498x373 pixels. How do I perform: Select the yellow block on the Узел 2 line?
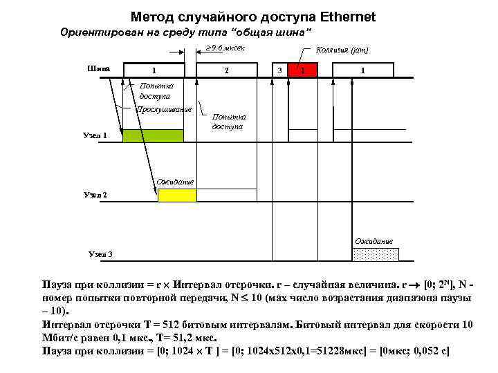[177, 195]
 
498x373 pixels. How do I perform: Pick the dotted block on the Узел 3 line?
[376, 254]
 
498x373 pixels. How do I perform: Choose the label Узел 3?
[100, 254]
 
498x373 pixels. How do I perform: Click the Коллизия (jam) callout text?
[342, 50]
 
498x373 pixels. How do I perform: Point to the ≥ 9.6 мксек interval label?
[225, 48]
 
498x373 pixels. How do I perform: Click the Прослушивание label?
[164, 109]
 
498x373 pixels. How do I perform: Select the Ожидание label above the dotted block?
[373, 240]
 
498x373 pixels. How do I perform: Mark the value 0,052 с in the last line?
[430, 351]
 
